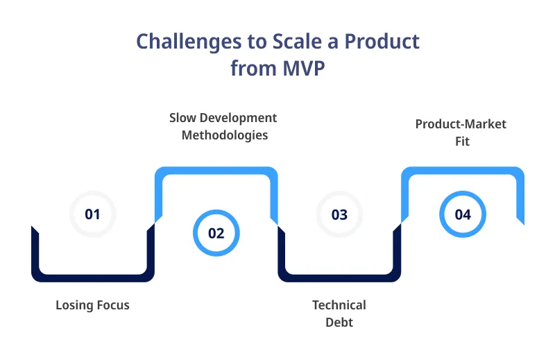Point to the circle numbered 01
coord(92,214)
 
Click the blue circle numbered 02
coord(216,233)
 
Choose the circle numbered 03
coord(339,214)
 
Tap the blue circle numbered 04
coord(463,214)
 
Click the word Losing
coord(74,305)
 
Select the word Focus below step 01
coord(112,305)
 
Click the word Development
coord(240,118)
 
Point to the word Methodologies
coord(225,135)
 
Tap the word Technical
coord(339,305)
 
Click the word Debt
coord(339,322)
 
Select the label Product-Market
coord(461,124)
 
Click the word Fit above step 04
coord(462,141)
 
